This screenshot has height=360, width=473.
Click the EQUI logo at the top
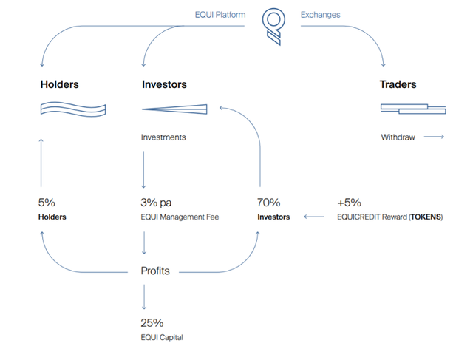(x=273, y=27)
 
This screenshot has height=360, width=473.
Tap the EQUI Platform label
(x=220, y=15)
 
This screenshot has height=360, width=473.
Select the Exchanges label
(x=320, y=15)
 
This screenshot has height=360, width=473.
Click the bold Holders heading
(x=59, y=84)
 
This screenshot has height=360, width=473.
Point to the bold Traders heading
(x=398, y=84)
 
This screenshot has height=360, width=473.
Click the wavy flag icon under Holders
(x=73, y=109)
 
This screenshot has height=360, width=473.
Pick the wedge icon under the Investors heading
(x=174, y=109)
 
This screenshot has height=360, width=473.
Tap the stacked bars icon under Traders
(x=413, y=109)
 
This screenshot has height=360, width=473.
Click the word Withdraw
(x=398, y=137)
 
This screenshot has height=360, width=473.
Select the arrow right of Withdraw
(x=434, y=137)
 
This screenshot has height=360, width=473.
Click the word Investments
(x=163, y=137)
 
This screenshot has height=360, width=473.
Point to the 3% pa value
(x=156, y=203)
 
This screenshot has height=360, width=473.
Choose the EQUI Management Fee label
(x=180, y=217)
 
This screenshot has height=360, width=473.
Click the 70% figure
(x=268, y=203)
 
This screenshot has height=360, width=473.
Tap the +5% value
(x=349, y=203)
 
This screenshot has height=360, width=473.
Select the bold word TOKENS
(x=426, y=217)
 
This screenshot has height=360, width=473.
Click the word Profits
(x=155, y=271)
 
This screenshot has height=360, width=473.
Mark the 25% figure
(x=152, y=323)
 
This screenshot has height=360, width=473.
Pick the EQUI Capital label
(x=162, y=337)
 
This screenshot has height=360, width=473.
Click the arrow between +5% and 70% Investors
(x=314, y=217)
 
